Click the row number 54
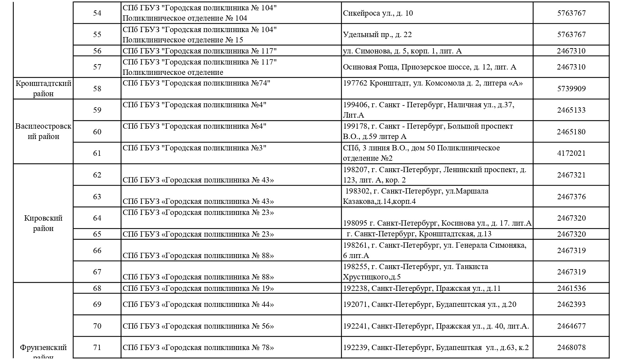pos(97,13)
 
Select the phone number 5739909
pos(571,88)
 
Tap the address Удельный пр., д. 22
pos(377,35)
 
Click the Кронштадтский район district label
pos(43,88)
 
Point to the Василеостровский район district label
pos(43,131)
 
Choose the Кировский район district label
pos(43,223)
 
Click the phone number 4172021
pos(571,153)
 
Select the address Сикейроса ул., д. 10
pos(378,13)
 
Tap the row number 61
pos(97,153)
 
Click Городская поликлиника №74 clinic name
pos(196,83)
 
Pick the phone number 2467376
pos(571,197)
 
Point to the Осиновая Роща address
pos(429,67)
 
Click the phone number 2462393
pos(571,304)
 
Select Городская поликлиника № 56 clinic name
pos(198,326)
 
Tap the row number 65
pos(97,234)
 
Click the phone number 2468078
pos(571,348)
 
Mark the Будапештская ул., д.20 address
pos(429,304)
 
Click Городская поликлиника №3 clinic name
pos(195,148)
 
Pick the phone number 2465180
pos(571,132)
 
